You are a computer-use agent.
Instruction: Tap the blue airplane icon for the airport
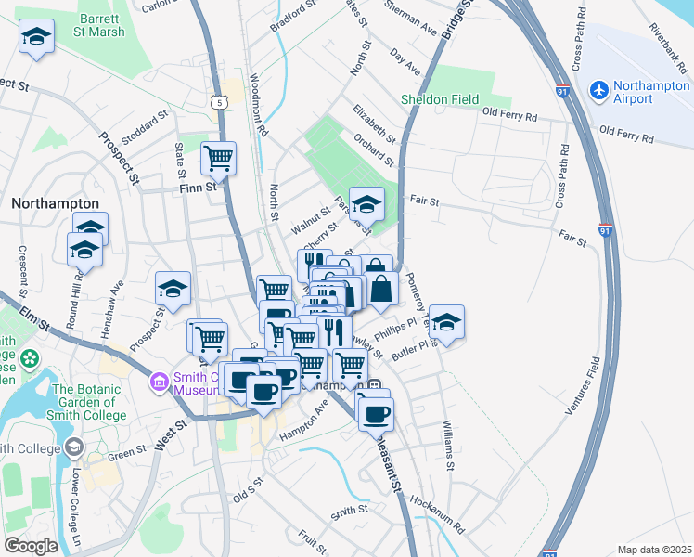[x=598, y=90]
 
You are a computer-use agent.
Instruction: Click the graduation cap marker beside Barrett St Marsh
[x=35, y=37]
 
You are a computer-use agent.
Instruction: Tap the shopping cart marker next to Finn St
[x=218, y=158]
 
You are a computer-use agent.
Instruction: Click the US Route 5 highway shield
[x=219, y=101]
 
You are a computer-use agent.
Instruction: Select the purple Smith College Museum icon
[x=160, y=381]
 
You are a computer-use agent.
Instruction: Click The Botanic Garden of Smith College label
[x=89, y=402]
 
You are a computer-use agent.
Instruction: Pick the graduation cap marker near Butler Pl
[x=446, y=322]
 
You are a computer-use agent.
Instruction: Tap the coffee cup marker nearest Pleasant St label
[x=376, y=414]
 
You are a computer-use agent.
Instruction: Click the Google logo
[x=31, y=546]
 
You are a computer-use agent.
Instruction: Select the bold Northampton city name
[x=55, y=202]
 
